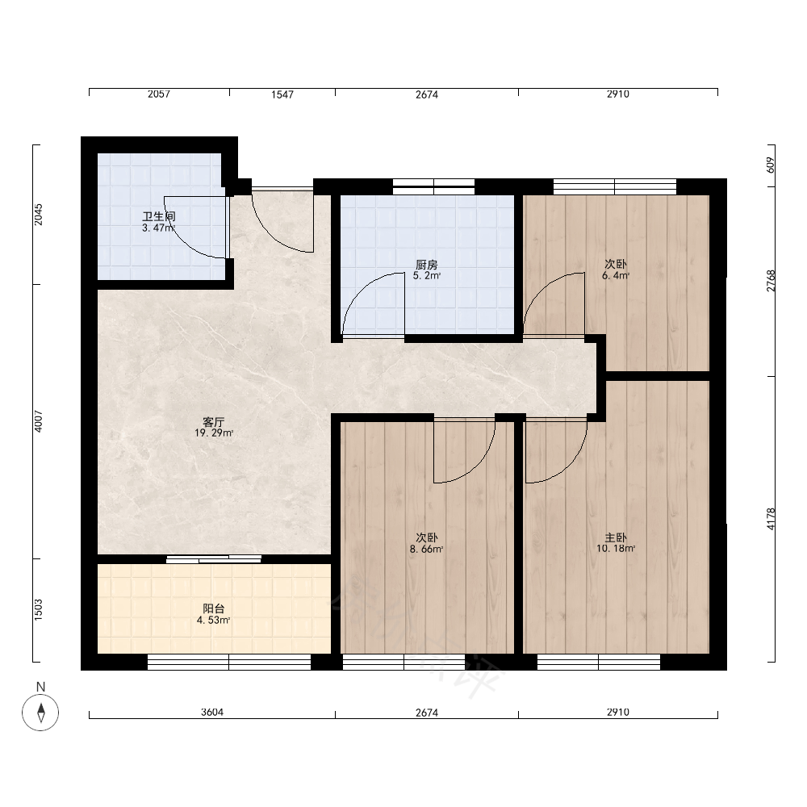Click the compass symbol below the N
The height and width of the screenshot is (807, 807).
pyautogui.click(x=40, y=713)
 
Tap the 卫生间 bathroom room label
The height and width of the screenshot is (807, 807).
pyautogui.click(x=158, y=216)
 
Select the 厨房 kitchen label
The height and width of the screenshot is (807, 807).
pyautogui.click(x=427, y=265)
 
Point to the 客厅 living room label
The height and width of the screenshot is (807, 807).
pyautogui.click(x=214, y=422)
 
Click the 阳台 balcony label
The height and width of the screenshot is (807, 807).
pyautogui.click(x=214, y=608)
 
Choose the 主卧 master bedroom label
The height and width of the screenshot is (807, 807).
pyautogui.click(x=616, y=537)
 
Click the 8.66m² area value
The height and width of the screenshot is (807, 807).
pyautogui.click(x=427, y=549)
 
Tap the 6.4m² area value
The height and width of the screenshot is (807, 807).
pyautogui.click(x=616, y=276)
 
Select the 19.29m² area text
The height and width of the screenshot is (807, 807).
pyautogui.click(x=214, y=433)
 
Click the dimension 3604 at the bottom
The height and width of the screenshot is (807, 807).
pyautogui.click(x=212, y=713)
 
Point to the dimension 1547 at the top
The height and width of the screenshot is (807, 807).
pyautogui.click(x=282, y=94)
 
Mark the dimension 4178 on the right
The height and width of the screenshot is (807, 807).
pyautogui.click(x=771, y=519)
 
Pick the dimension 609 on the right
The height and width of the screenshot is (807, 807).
pyautogui.click(x=771, y=165)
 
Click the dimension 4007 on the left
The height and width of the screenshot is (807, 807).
pyautogui.click(x=39, y=421)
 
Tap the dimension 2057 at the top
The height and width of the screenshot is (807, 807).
pyautogui.click(x=158, y=94)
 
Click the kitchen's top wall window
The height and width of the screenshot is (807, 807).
pyautogui.click(x=433, y=187)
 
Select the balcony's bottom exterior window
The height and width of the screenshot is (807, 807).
pyautogui.click(x=229, y=662)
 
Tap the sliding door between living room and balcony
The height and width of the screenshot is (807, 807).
pyautogui.click(x=214, y=559)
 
